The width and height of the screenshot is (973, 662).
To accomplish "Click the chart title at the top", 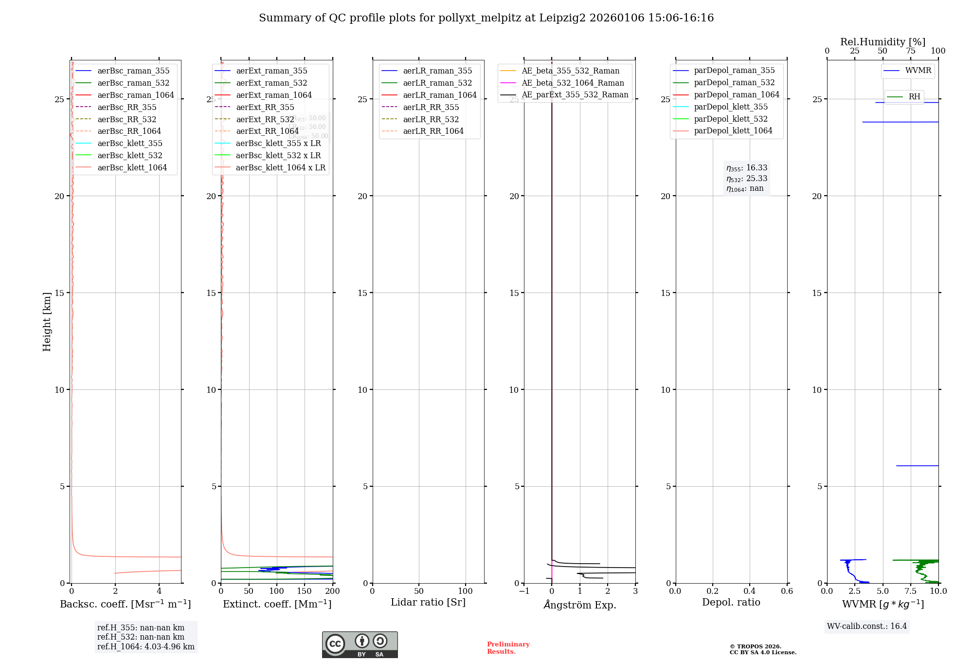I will (x=486, y=18).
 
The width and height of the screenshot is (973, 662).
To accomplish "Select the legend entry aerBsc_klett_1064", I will (x=132, y=167).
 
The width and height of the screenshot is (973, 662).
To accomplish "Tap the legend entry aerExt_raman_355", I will (x=271, y=71).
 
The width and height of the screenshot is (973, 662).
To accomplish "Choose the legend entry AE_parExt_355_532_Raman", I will (x=575, y=95).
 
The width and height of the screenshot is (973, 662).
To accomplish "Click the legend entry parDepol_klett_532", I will (x=731, y=119).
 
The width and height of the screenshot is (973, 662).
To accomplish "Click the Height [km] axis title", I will (x=47, y=321).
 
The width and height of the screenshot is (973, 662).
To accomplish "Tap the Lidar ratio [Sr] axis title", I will (x=428, y=602).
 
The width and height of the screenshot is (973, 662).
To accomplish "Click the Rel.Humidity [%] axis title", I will (x=883, y=42).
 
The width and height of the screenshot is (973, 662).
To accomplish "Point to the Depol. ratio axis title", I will (x=731, y=602).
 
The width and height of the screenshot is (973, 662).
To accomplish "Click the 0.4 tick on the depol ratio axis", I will (x=750, y=591).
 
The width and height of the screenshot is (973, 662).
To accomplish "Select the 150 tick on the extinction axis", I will (x=305, y=591).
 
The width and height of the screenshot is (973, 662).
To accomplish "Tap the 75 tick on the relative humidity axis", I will (x=911, y=51).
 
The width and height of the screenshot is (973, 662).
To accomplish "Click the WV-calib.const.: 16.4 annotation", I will (x=867, y=626).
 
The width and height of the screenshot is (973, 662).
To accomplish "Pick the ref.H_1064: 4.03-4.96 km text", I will (x=145, y=647).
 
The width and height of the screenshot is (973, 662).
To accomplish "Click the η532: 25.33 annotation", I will (x=747, y=179).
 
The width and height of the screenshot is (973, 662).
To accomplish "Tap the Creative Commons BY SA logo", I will (x=360, y=644).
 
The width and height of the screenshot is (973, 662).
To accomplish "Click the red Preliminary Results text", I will (x=508, y=648).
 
